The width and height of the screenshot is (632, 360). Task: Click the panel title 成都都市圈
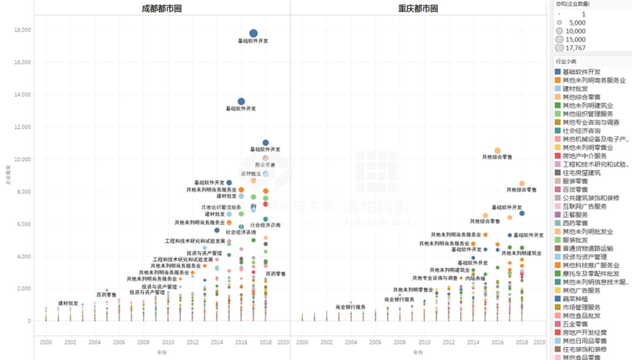162,8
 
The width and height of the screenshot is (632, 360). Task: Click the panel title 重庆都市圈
418,8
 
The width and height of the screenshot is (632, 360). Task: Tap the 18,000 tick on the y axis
22,30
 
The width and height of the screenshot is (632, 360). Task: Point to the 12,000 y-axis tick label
22,127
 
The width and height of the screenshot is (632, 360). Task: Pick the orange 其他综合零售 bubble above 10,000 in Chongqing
498,150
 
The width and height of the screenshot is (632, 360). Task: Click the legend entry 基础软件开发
581,72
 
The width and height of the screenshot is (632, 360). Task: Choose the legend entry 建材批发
575,89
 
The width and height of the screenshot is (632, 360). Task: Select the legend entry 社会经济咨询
581,131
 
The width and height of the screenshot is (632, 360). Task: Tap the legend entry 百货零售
575,190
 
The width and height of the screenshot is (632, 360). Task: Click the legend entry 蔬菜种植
575,299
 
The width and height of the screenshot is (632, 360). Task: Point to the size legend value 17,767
576,48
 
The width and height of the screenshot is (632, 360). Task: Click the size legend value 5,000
577,23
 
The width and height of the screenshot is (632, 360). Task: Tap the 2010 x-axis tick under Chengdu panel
168,342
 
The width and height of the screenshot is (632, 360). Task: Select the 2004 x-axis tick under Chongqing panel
351,342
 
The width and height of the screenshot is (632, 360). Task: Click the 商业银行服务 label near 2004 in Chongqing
351,307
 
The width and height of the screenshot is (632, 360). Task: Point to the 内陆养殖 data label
475,278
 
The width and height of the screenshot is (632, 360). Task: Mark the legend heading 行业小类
566,62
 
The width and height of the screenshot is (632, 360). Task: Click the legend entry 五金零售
575,324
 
